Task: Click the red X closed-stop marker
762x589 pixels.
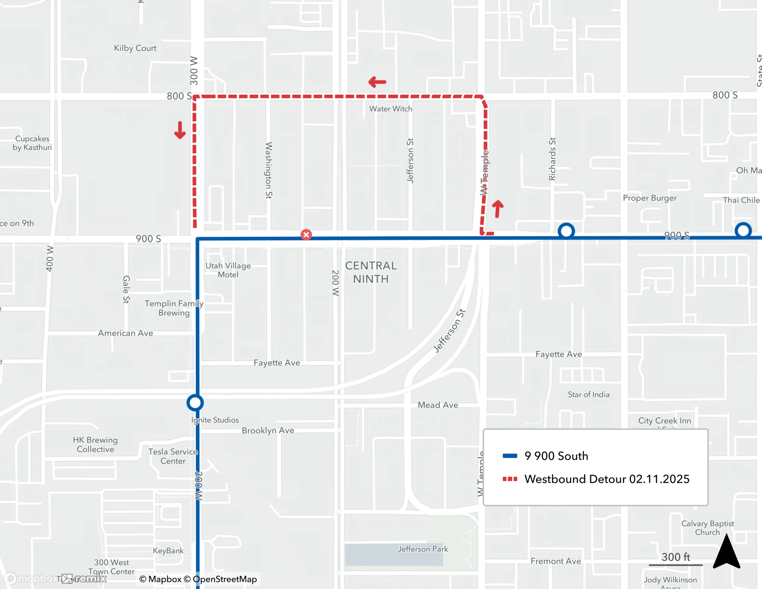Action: pos(306,234)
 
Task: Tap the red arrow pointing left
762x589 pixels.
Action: pos(377,82)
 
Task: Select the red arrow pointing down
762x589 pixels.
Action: pos(180,130)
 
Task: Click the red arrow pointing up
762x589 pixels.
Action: pos(498,209)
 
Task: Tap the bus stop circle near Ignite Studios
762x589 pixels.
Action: pos(195,403)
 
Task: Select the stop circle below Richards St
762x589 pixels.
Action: pos(566,231)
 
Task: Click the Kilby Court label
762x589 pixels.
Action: pos(135,48)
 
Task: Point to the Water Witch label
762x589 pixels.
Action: pos(391,109)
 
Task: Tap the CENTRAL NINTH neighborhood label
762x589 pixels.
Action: pos(371,272)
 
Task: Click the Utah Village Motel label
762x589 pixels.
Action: pos(228,270)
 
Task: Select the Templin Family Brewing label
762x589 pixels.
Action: pos(174,308)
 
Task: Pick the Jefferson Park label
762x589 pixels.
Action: pos(423,549)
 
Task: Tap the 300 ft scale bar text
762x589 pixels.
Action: pos(676,557)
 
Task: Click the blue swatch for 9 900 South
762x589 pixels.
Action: pos(510,456)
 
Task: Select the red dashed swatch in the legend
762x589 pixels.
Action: pos(510,479)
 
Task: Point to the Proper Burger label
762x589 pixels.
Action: pos(650,198)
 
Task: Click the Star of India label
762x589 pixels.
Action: pos(588,395)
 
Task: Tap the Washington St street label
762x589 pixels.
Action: pos(269,170)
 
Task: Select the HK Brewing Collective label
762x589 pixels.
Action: pos(95,445)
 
